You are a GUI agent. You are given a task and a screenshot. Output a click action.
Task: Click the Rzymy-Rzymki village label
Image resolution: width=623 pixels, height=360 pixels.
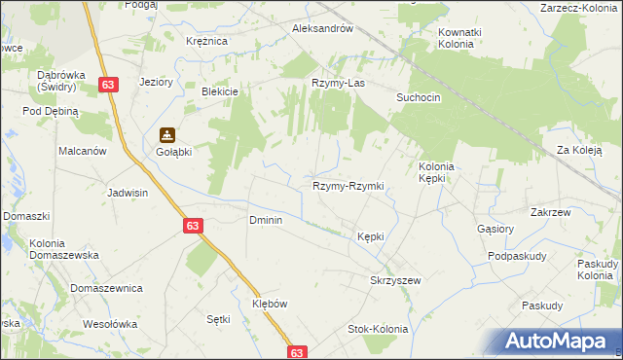(348, 186)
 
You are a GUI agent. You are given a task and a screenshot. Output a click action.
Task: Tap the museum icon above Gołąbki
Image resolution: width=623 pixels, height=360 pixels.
(167, 135)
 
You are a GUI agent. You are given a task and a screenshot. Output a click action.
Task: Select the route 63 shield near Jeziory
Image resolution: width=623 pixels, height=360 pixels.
(109, 87)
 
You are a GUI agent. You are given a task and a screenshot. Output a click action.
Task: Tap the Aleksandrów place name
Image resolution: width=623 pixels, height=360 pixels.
(321, 29)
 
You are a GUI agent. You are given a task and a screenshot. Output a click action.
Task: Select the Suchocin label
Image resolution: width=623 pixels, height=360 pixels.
(419, 98)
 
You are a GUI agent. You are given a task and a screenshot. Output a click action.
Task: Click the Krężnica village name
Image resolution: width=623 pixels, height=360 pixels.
(206, 41)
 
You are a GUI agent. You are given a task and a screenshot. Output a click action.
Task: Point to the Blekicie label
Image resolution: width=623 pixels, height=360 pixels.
(219, 90)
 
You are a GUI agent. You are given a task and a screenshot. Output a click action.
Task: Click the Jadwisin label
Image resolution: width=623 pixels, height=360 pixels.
(128, 193)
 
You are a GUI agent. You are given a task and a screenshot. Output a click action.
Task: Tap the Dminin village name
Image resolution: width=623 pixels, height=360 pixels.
(266, 220)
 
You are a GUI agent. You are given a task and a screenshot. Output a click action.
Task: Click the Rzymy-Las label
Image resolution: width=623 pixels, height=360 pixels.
(338, 84)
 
